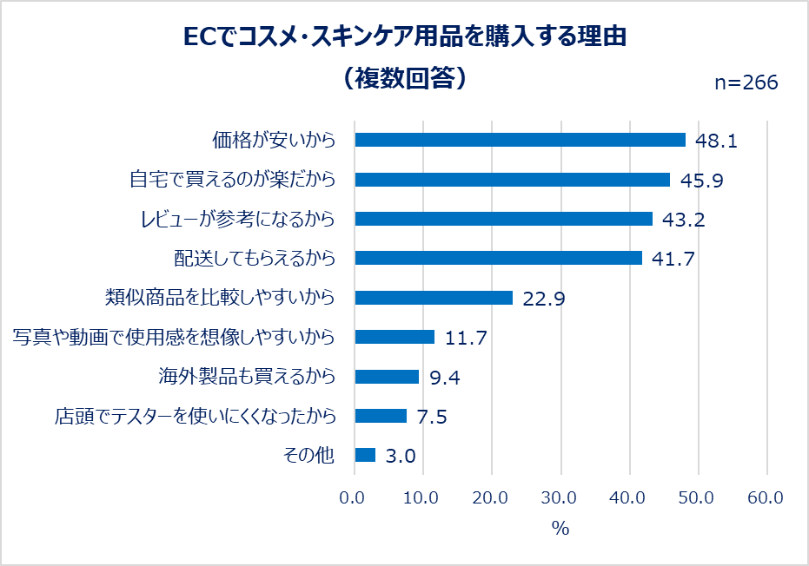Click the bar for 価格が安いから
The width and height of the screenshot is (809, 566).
click(x=520, y=140)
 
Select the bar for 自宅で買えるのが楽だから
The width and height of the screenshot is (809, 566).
click(x=513, y=180)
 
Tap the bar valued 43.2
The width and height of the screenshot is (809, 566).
click(x=503, y=219)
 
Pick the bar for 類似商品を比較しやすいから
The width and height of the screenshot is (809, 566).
click(x=434, y=298)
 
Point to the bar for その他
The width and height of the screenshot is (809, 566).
click(x=365, y=455)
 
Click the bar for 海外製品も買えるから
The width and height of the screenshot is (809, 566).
click(x=387, y=377)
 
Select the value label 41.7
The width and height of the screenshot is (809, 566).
click(x=673, y=259)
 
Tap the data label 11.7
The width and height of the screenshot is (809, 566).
click(x=466, y=338)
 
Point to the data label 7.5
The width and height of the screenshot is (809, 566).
click(x=432, y=417)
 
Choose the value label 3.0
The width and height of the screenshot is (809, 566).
click(x=401, y=456)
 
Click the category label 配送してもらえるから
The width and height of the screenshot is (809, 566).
click(x=255, y=259)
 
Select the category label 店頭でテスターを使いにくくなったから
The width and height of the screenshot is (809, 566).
click(x=194, y=417)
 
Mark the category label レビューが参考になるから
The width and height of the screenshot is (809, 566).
click(x=237, y=219)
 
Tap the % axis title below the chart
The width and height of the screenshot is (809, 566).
click(x=560, y=529)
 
